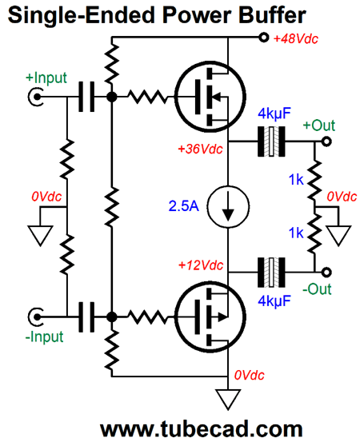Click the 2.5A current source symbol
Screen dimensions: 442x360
click(x=229, y=206)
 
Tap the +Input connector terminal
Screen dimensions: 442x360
click(x=37, y=98)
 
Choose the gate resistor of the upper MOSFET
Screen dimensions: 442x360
click(x=148, y=98)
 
